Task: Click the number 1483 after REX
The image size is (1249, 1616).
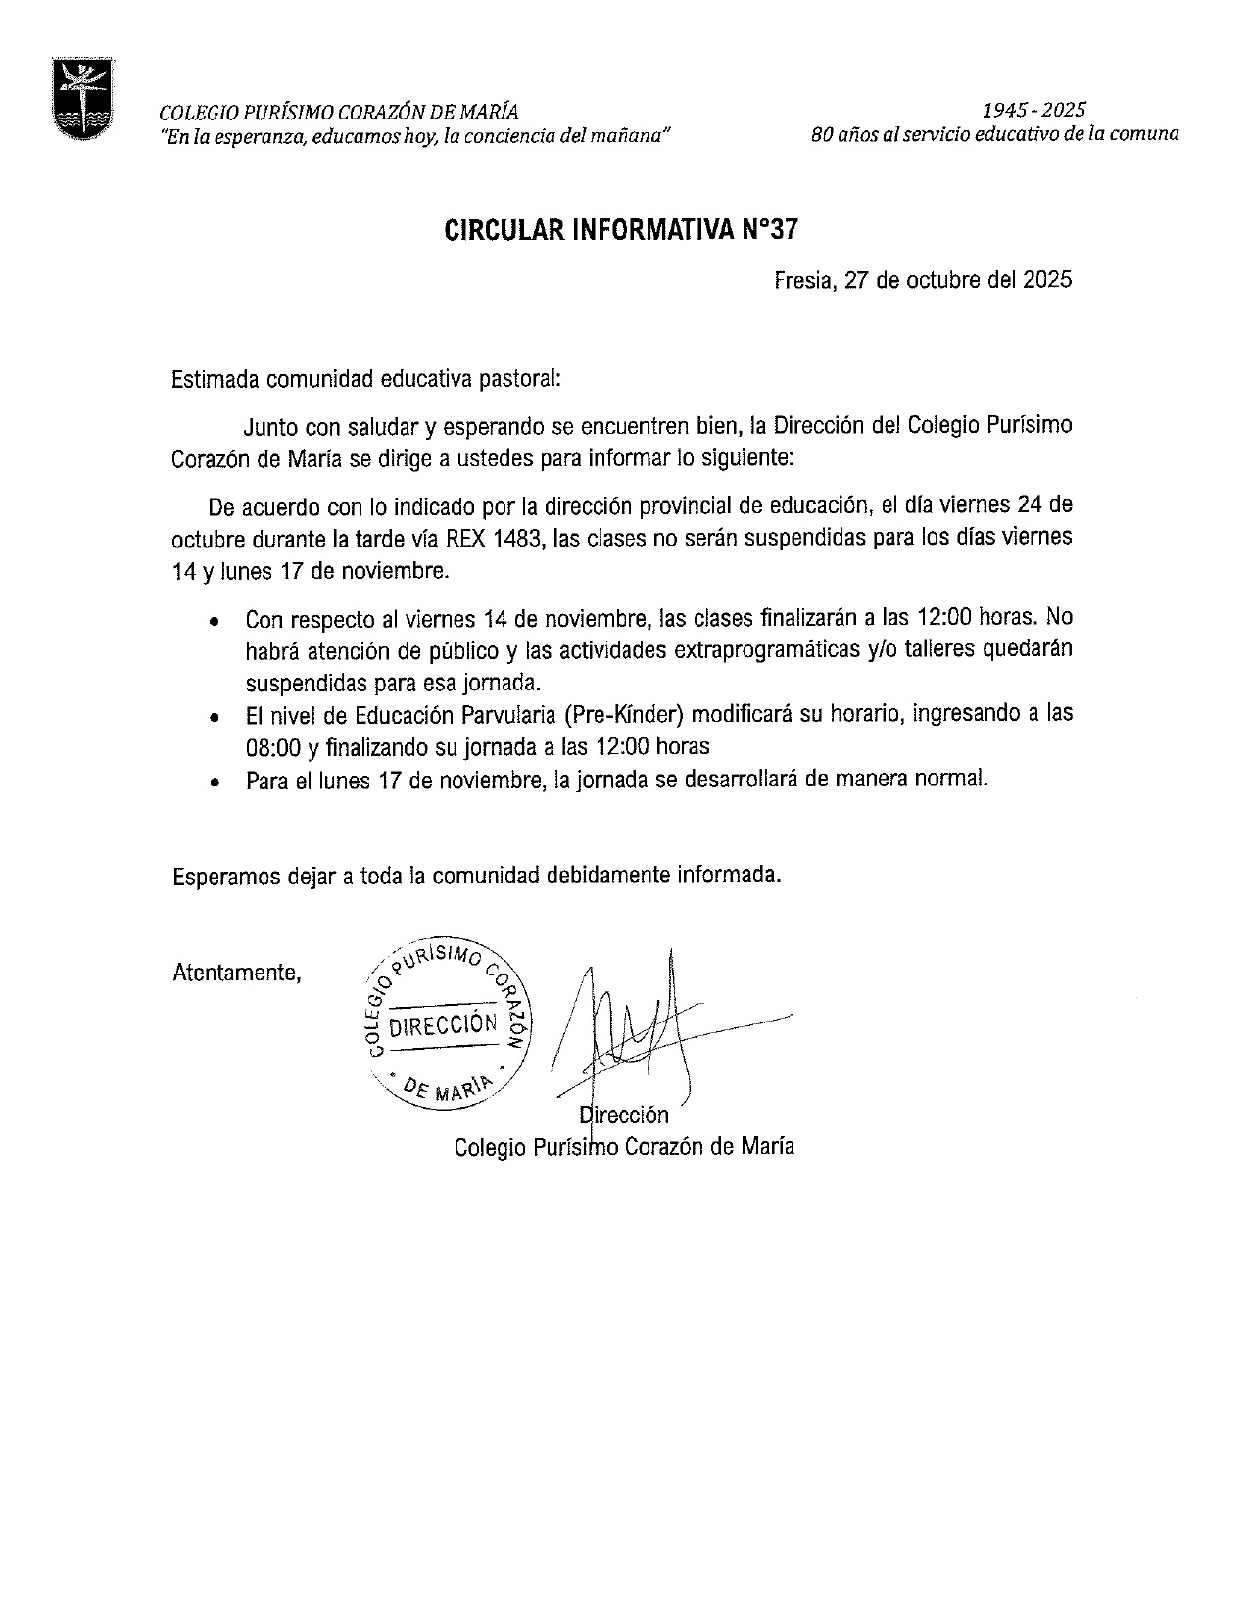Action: coord(519,537)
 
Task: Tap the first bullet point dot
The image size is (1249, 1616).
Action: coord(215,621)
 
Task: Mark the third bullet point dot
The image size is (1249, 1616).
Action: coord(215,782)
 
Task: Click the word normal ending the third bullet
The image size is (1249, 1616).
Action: coord(958,780)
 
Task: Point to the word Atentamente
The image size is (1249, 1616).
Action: coord(236,973)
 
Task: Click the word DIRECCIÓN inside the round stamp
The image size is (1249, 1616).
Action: coord(443,1025)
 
